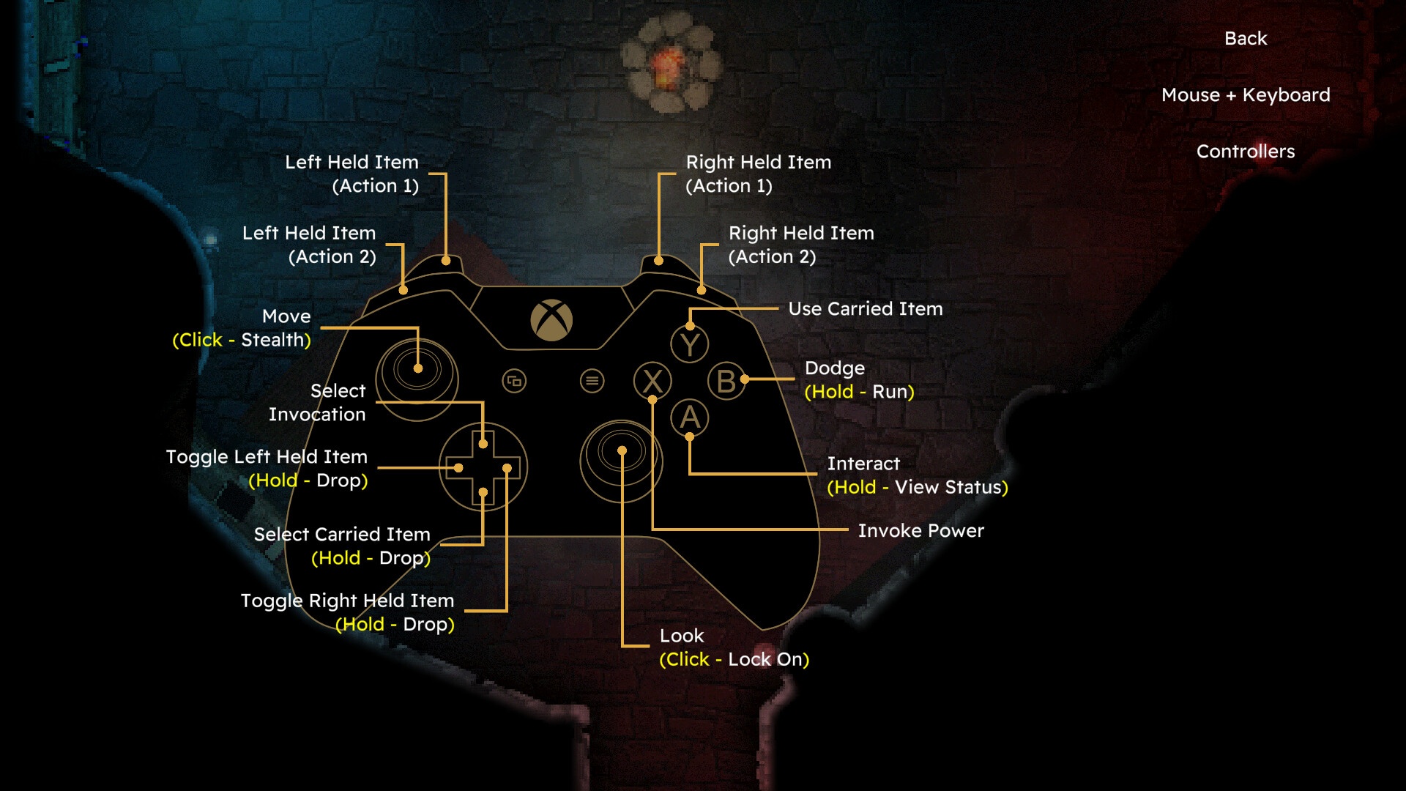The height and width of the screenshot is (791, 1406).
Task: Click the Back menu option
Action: (x=1245, y=38)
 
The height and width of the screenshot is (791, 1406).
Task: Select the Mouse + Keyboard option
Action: (x=1246, y=94)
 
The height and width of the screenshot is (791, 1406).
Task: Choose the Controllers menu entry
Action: (x=1246, y=151)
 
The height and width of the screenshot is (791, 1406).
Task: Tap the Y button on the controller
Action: (x=690, y=343)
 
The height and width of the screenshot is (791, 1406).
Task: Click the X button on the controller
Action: (x=652, y=381)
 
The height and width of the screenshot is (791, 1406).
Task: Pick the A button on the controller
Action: (x=690, y=418)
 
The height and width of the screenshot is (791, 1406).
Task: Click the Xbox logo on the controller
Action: (x=551, y=320)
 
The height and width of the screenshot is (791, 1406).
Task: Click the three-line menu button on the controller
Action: (x=592, y=381)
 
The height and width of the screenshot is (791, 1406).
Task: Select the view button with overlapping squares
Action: (x=514, y=381)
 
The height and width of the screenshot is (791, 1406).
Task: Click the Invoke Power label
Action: (x=921, y=530)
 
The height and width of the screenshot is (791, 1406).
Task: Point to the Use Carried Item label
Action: (x=866, y=308)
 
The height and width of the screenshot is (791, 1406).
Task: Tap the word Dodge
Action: (x=835, y=368)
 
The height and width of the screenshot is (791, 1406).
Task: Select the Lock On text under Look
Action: (x=765, y=659)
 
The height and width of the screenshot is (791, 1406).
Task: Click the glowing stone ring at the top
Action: (x=669, y=64)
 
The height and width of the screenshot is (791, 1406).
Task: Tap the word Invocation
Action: (x=317, y=415)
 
